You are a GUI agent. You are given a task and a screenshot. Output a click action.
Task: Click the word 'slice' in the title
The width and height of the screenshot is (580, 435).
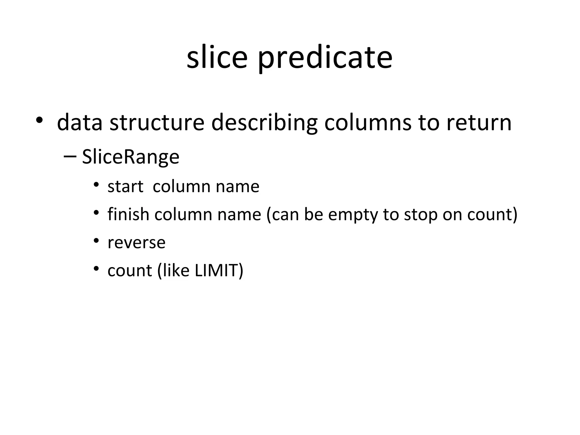click(x=217, y=57)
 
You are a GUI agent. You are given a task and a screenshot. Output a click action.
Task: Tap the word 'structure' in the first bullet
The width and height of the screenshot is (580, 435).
click(x=157, y=123)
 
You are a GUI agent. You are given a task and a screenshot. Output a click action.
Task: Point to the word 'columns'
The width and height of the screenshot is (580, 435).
click(x=368, y=123)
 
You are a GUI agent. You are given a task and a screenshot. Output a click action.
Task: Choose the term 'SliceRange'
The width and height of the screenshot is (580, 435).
click(x=131, y=157)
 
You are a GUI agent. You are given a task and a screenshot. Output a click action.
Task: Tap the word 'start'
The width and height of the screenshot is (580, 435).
click(x=125, y=187)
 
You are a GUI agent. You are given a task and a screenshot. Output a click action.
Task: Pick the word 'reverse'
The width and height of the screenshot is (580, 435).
click(x=137, y=243)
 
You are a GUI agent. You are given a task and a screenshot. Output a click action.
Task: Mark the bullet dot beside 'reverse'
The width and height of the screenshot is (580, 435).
click(x=96, y=241)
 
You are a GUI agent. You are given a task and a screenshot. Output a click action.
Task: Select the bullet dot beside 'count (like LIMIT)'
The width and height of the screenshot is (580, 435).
click(x=96, y=268)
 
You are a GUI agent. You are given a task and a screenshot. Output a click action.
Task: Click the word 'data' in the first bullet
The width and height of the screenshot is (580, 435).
click(x=80, y=123)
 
